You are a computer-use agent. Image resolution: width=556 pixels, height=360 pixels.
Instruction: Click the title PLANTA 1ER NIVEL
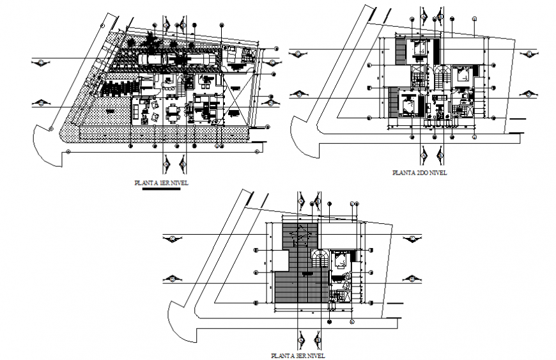pyautogui.click(x=161, y=183)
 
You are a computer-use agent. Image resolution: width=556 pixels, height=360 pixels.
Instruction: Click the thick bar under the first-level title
pyautogui.click(x=161, y=189)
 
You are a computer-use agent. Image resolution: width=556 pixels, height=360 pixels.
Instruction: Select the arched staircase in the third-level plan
pyautogui.click(x=321, y=259)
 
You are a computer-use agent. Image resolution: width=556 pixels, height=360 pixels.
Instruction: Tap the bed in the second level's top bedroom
pyautogui.click(x=419, y=49)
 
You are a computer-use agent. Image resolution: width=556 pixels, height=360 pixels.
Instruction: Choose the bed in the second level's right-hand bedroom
pyautogui.click(x=463, y=74)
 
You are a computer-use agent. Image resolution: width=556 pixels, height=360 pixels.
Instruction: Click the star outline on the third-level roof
pyautogui.click(x=300, y=238)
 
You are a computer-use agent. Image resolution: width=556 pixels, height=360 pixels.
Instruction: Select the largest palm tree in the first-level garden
pyautogui.click(x=153, y=43)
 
